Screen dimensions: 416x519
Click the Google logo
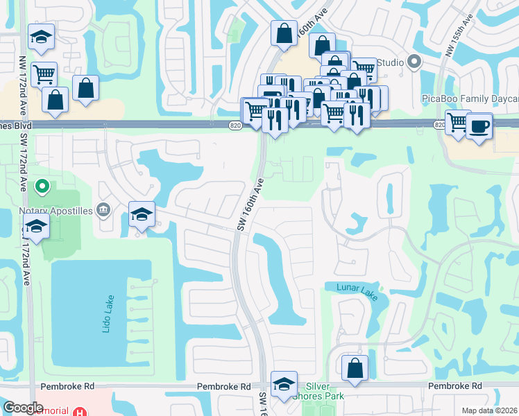[x=23, y=408]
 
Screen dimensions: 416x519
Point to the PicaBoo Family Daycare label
[x=470, y=98]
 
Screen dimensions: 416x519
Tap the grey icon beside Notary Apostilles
[x=103, y=208]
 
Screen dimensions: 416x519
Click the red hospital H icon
[x=82, y=411]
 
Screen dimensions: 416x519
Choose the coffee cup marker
[x=479, y=126]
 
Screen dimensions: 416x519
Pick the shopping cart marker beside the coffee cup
[x=458, y=123]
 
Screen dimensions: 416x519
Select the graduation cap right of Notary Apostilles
[x=142, y=215]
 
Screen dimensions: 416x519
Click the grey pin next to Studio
[x=414, y=62]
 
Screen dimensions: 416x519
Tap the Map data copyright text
[x=490, y=410]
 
